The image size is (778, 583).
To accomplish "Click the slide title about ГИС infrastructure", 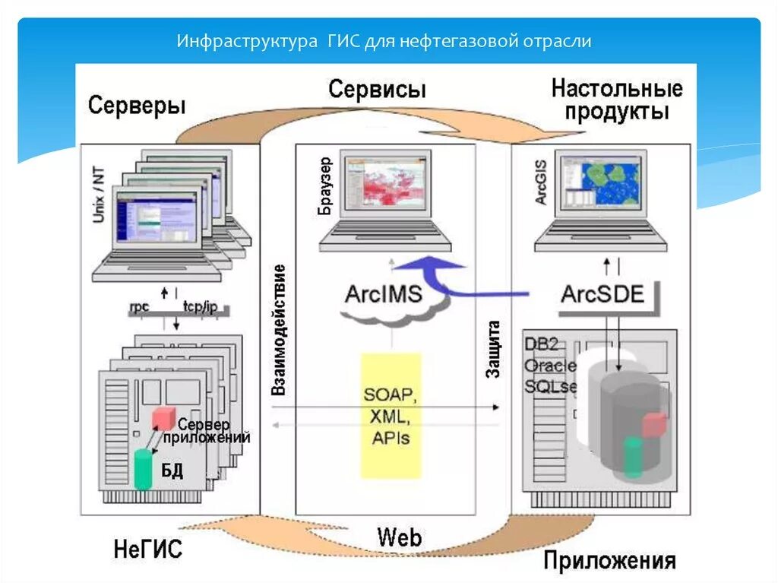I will coord(384,40).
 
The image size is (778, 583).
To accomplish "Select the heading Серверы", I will coord(137,105).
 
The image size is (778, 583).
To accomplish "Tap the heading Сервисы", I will coord(377,90).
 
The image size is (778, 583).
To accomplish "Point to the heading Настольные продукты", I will coord(616,100).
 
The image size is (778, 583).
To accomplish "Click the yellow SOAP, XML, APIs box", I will coord(391,416).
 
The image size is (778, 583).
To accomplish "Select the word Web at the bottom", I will coord(399,538).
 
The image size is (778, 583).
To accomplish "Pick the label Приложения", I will coord(609,561).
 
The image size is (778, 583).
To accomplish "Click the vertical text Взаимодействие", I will coord(279,329).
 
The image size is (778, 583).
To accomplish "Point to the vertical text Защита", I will coord(493,350).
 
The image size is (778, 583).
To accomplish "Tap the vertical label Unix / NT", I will coord(98,198).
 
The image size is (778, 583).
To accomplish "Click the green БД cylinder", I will coord(143,469).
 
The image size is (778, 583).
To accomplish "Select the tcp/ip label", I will coord(201,307).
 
